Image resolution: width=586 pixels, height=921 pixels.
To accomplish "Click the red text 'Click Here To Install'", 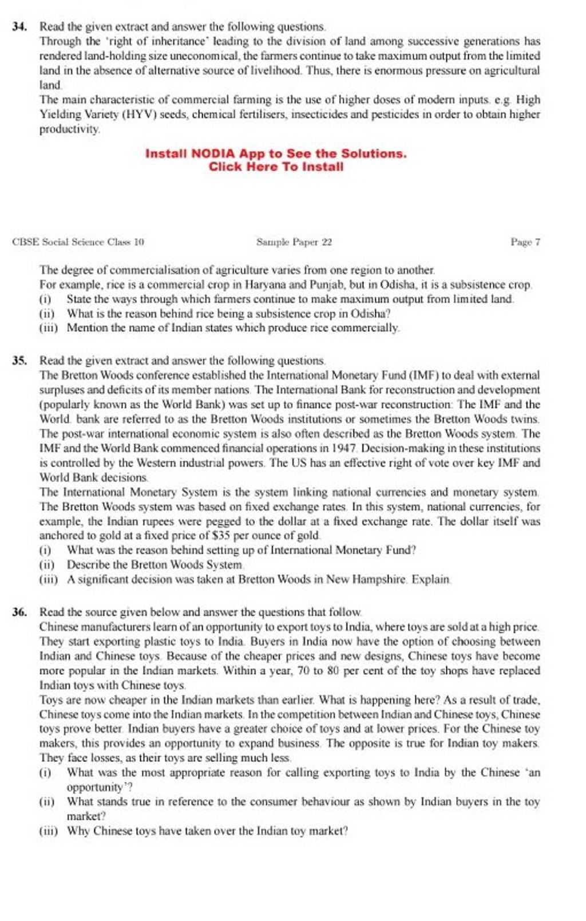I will (x=276, y=167).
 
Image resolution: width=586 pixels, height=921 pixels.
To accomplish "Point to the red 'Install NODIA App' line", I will (x=276, y=153).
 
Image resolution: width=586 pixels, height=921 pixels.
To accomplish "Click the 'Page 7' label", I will (x=525, y=242).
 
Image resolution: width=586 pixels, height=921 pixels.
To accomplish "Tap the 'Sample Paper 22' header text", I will (x=294, y=242).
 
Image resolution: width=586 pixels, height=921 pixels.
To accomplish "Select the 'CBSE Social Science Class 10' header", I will (x=78, y=242).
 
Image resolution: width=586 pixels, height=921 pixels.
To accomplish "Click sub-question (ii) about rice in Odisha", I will (x=228, y=314).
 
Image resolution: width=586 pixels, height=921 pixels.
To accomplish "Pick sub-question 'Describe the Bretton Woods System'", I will (x=155, y=564).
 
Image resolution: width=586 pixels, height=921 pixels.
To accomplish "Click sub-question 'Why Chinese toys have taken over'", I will (x=207, y=831).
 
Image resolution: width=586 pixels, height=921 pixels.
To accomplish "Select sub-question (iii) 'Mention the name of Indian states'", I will (x=232, y=328).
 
